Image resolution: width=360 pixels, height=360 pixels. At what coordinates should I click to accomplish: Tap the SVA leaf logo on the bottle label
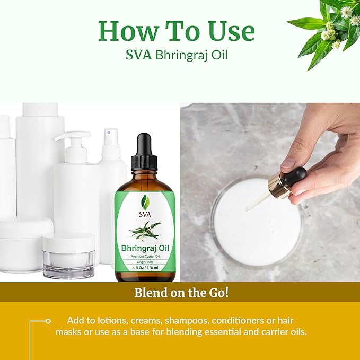144,201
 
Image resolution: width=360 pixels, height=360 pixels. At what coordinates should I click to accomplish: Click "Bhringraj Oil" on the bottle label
144,248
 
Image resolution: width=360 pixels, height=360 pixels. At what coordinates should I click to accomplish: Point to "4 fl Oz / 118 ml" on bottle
144,268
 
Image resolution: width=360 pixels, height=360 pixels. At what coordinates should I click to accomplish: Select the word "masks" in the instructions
69,332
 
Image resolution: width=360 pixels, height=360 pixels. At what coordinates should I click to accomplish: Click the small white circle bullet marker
48,321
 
